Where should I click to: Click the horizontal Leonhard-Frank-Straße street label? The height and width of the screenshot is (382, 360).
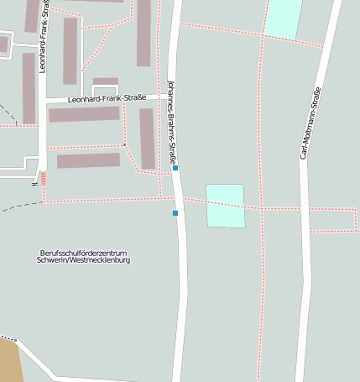pos(107,98)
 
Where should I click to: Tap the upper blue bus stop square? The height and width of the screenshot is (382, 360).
pos(175,168)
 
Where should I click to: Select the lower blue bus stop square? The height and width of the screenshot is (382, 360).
pos(175,213)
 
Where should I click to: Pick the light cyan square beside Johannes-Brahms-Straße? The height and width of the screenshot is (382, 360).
pos(225,206)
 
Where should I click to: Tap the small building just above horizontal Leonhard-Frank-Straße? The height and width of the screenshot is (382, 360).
pos(105,81)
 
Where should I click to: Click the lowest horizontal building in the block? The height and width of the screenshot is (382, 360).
pos(88,160)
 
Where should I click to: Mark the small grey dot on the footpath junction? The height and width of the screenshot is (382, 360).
pos(125,145)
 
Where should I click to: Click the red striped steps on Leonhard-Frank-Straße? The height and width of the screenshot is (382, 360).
pos(44,179)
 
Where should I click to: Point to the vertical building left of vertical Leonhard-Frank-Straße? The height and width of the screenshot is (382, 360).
pos(29,88)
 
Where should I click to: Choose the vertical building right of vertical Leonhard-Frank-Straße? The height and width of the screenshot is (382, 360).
pos(70,50)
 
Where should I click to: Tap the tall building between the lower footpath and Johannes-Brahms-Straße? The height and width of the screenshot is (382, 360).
pos(147,139)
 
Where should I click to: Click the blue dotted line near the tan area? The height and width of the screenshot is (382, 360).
pos(8,338)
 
